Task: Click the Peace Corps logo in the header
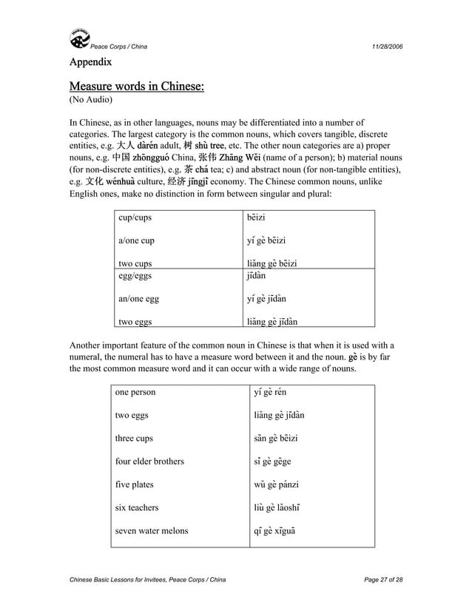tap(79, 38)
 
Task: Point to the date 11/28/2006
tap(387, 47)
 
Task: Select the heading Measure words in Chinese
tap(136, 88)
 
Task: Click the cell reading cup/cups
tap(135, 218)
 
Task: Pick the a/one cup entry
tap(137, 240)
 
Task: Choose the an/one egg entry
tap(138, 300)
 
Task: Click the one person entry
tap(135, 392)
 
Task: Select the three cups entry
tap(134, 438)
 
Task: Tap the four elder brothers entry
tap(149, 461)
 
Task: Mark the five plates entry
tap(134, 485)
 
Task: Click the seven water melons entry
tap(152, 530)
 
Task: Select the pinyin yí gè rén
tap(275, 392)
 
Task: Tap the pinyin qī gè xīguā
tap(280, 530)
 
